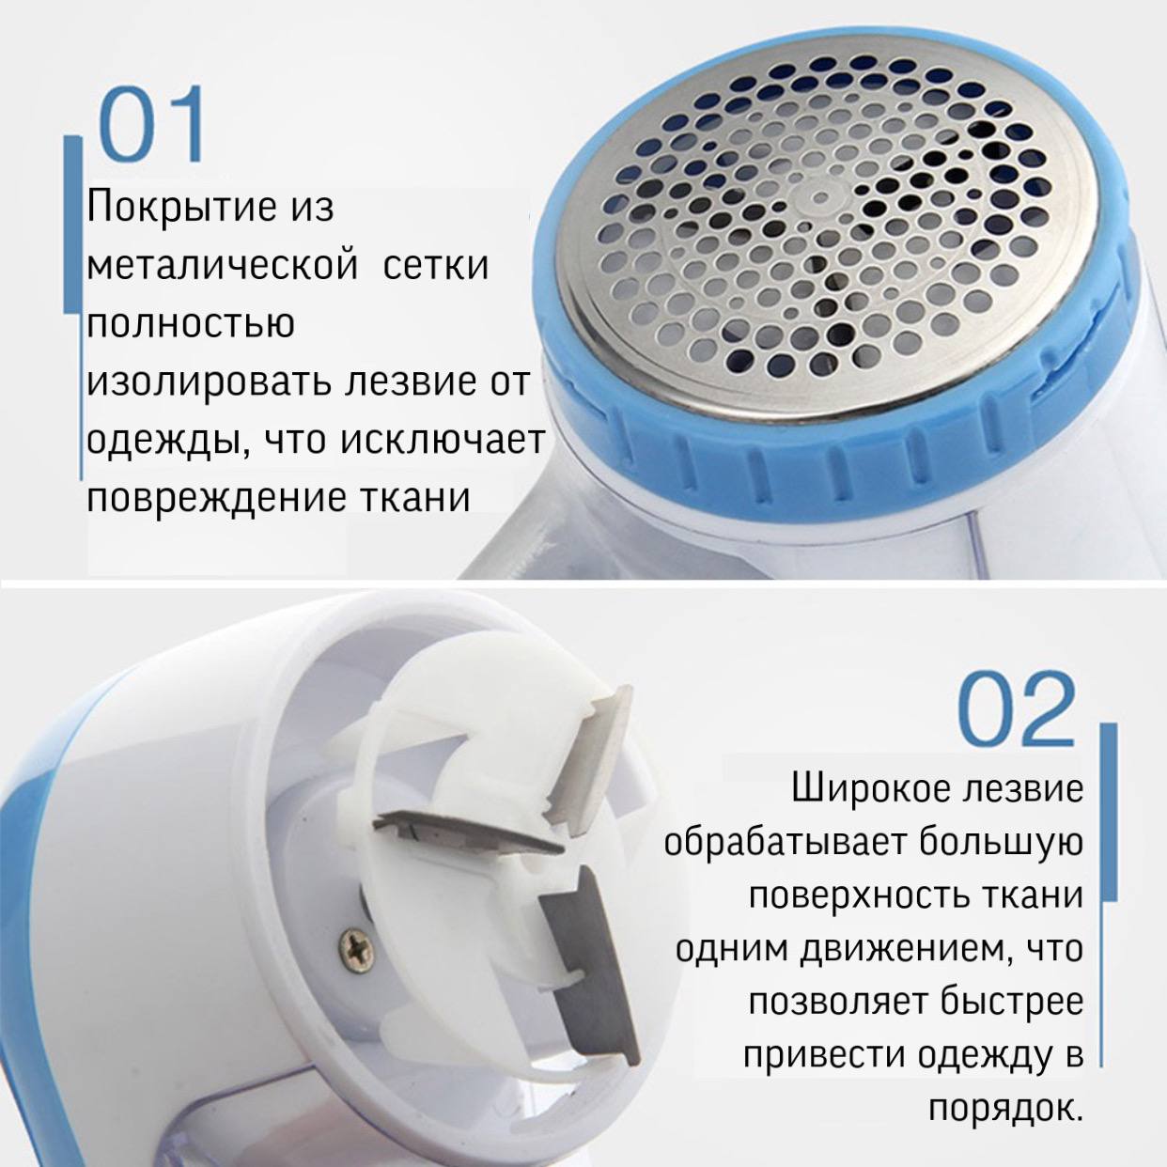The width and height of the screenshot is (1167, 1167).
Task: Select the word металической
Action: [222, 267]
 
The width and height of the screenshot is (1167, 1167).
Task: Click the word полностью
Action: [191, 324]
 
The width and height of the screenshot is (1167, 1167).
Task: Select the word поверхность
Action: [866, 896]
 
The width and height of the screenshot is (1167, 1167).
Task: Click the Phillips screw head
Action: [354, 942]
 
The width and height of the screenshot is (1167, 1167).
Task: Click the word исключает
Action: [442, 441]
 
